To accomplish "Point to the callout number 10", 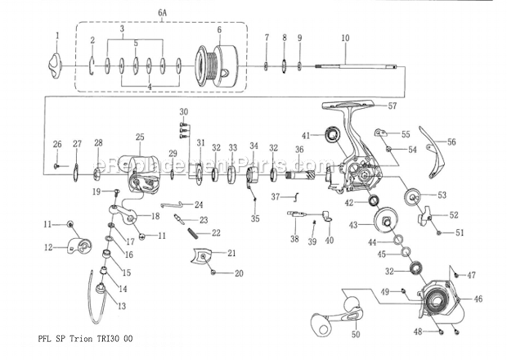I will pyautogui.click(x=344, y=38).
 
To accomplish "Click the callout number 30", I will pyautogui.click(x=184, y=111).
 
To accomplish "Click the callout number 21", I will pyautogui.click(x=231, y=253).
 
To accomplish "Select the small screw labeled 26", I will pyautogui.click(x=56, y=166).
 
